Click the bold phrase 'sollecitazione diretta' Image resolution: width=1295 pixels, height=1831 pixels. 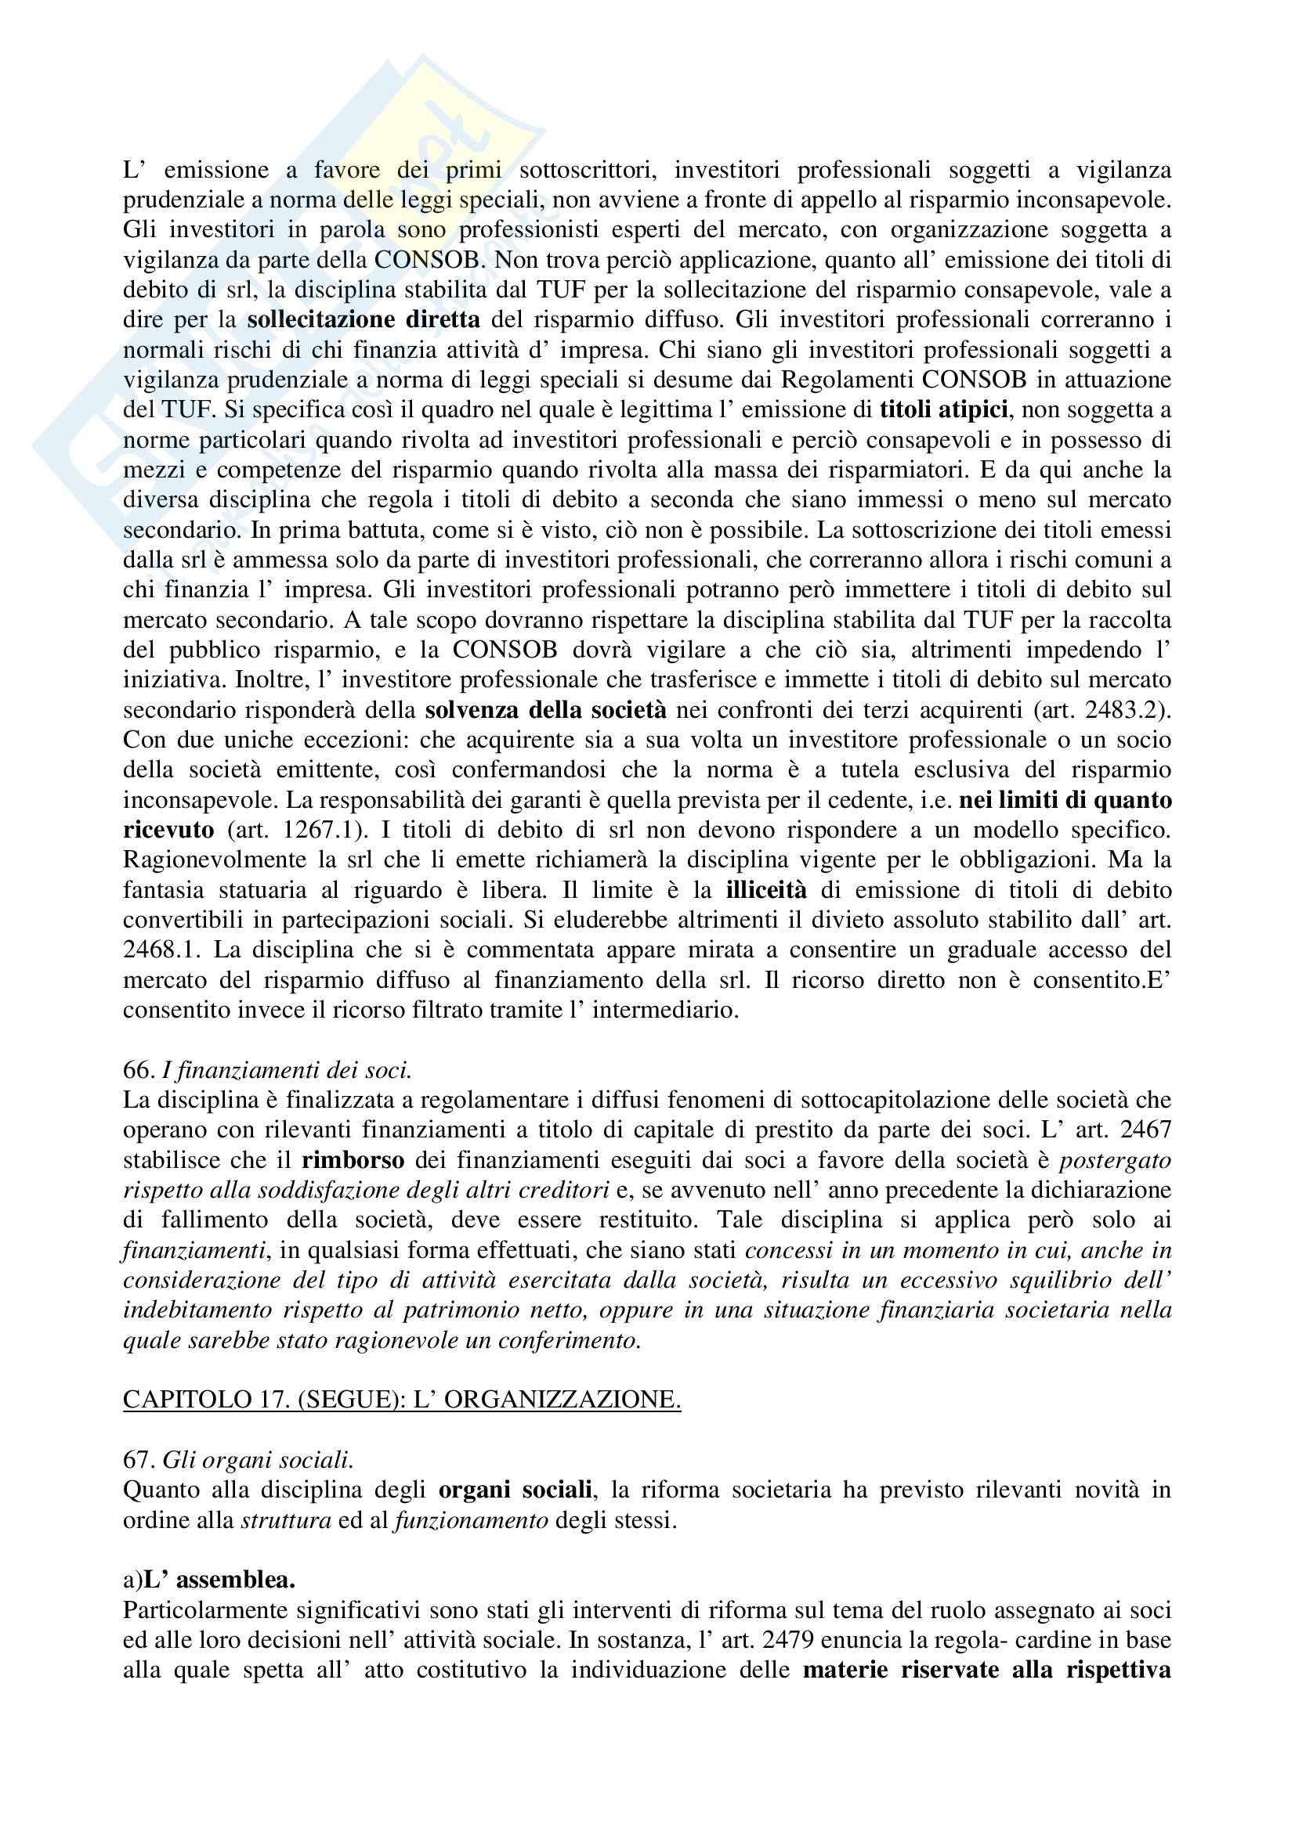(363, 320)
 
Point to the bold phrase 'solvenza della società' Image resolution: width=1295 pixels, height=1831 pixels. (546, 710)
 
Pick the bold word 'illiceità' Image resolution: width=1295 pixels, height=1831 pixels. (767, 890)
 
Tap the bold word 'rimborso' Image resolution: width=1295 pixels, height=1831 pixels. (353, 1160)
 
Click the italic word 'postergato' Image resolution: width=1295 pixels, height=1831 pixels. (1115, 1160)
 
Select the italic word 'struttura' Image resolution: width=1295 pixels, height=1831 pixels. (286, 1521)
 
